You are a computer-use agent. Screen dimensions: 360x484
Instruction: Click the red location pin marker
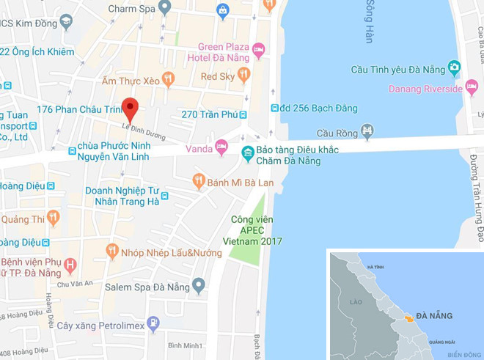pyautogui.click(x=130, y=109)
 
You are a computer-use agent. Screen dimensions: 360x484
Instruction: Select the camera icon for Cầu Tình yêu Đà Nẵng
pyautogui.click(x=455, y=69)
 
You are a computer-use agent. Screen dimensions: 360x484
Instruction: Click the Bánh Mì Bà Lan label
pyautogui.click(x=235, y=180)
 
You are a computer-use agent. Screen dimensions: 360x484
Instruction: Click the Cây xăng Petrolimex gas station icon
pyautogui.click(x=153, y=322)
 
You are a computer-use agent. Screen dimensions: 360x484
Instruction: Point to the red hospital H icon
pyautogui.click(x=70, y=264)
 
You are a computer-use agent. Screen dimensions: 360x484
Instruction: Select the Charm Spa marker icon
pyautogui.click(x=165, y=9)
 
